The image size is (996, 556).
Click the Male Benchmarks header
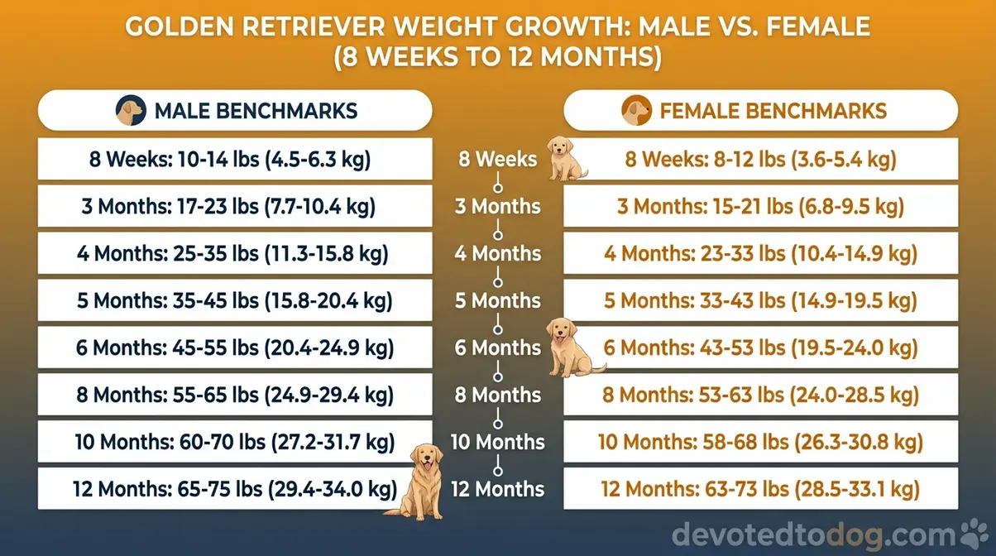235,110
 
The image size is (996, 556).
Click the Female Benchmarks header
760,110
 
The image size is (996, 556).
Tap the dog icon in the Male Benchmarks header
131,110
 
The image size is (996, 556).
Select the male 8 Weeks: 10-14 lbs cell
235,159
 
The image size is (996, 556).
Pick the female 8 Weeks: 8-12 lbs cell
760,159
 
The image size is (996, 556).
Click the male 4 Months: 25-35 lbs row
235,253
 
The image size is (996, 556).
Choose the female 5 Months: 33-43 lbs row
760,300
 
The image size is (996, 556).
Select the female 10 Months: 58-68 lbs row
760,441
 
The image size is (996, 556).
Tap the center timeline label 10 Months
497,442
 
